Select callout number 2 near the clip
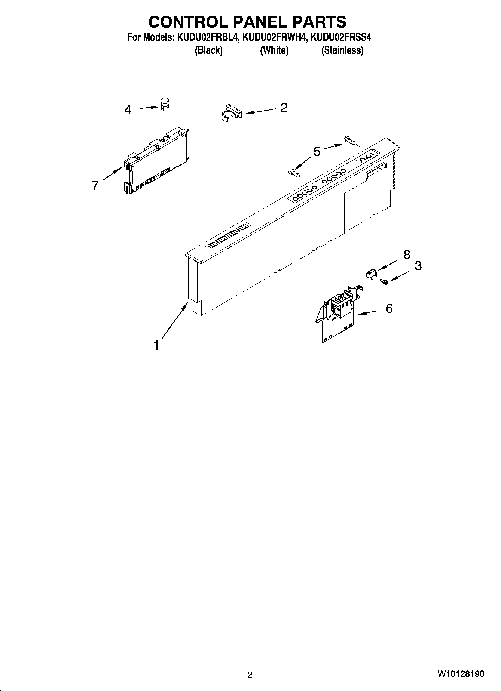click(x=284, y=108)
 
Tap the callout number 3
click(x=418, y=266)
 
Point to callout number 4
click(x=128, y=110)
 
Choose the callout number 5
click(x=317, y=152)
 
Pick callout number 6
click(x=389, y=309)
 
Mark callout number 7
click(x=95, y=185)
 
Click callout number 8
click(x=407, y=255)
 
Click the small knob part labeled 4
click(x=164, y=103)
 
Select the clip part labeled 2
click(x=230, y=112)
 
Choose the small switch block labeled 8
click(x=370, y=274)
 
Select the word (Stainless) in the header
click(x=342, y=50)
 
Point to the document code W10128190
click(x=460, y=674)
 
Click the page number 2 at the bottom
click(x=250, y=675)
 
